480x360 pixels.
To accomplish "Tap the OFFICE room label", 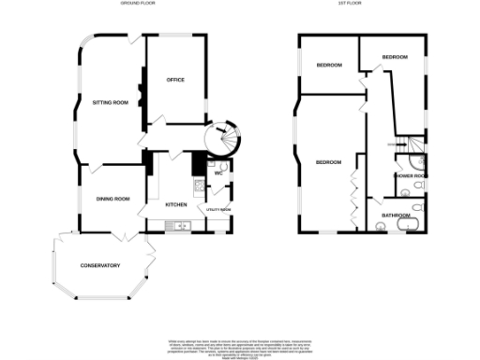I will point(175,80).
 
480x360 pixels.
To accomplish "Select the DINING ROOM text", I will point(112,198).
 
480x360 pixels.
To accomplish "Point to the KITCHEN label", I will point(176,204).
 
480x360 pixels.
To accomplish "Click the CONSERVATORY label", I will point(100,265).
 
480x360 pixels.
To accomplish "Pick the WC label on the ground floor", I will point(217,173).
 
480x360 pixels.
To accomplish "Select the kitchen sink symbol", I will point(176,225).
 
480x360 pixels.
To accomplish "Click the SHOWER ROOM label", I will point(411,174).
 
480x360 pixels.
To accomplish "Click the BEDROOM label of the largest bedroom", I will point(328,163).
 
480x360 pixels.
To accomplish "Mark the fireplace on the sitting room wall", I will point(141,95).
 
